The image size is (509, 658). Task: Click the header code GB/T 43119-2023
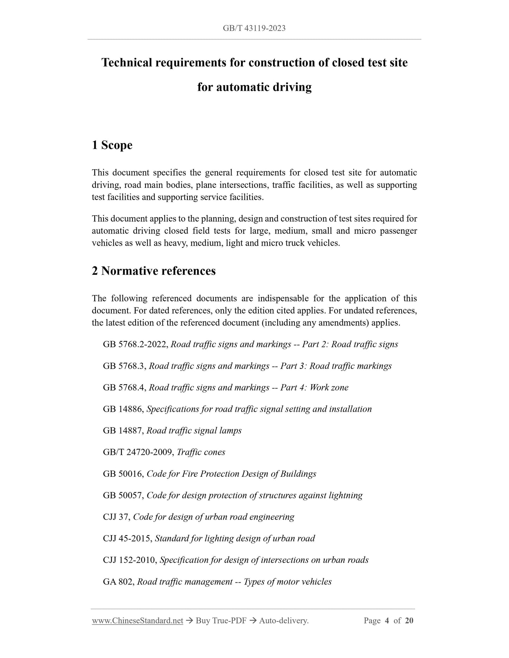coord(254,28)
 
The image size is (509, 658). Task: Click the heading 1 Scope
coord(112,145)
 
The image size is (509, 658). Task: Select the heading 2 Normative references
coord(154,271)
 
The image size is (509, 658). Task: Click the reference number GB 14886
coord(123,409)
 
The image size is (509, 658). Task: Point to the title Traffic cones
coord(201,452)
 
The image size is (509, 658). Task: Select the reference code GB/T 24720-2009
coord(138,452)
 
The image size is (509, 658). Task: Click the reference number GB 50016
coord(123,474)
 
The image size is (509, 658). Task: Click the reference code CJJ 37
coord(117,517)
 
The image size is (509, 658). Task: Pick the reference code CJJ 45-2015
coord(127,539)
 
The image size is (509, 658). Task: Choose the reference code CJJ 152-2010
coord(130,560)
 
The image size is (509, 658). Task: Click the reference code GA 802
coord(118,582)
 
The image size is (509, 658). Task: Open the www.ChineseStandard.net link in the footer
coord(137,621)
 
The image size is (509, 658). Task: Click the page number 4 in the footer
coord(387,621)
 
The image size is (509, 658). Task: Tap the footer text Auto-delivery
coord(284,621)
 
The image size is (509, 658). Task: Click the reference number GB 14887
coord(123,431)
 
